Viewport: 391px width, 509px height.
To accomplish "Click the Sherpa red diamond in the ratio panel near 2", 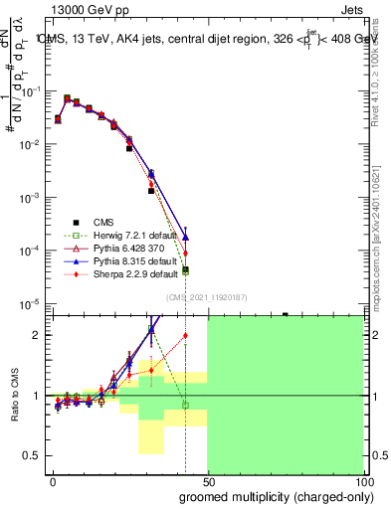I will pos(185,335).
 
